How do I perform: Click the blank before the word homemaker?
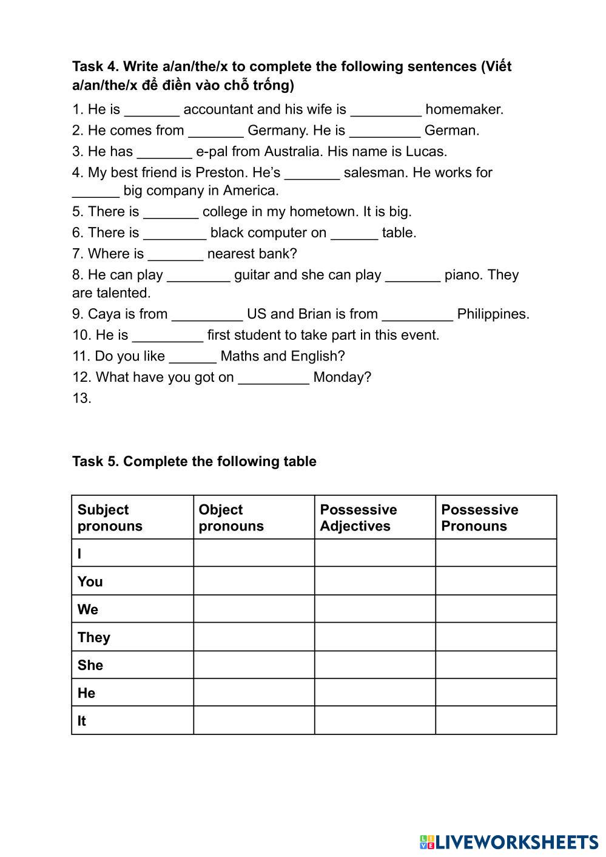point(386,110)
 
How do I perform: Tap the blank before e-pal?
point(164,152)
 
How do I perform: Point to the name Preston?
point(219,172)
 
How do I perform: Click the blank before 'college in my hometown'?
point(170,212)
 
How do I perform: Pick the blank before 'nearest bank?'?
point(175,255)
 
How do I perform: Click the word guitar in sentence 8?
point(252,275)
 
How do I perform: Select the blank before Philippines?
point(418,315)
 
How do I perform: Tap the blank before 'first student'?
point(167,336)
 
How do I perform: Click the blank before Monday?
point(274,378)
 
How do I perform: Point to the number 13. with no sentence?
point(82,399)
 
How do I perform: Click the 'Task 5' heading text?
point(194,461)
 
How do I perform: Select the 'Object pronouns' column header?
point(231,518)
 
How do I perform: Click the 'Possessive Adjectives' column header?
point(359,518)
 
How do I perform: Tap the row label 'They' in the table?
point(94,637)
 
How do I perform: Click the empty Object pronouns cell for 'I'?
point(254,553)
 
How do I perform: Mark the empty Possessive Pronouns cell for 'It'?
point(496,720)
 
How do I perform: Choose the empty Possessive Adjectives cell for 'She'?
point(375,665)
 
